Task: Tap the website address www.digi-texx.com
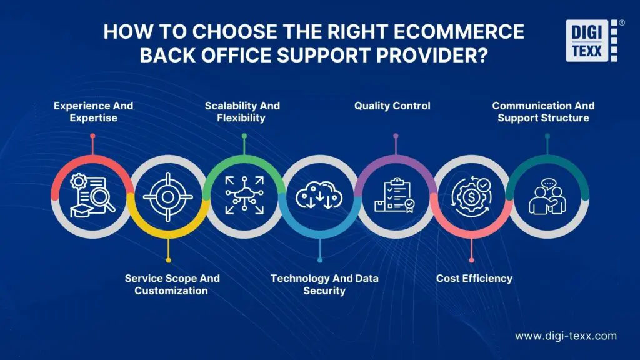[x=566, y=336]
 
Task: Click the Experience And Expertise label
[x=93, y=112]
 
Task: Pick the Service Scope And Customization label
[x=172, y=284]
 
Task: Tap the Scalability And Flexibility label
[x=242, y=112]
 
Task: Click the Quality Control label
[x=392, y=106]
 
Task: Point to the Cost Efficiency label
[x=474, y=279]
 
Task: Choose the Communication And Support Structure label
[x=543, y=112]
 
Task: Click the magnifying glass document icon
[x=92, y=196]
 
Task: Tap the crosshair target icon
[x=167, y=196]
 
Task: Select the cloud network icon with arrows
[x=244, y=196]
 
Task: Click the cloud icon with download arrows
[x=320, y=196]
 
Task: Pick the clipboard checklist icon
[x=395, y=196]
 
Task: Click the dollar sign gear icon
[x=471, y=196]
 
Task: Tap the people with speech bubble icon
[x=547, y=196]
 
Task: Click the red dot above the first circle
[x=92, y=136]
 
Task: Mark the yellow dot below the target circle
[x=167, y=260]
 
